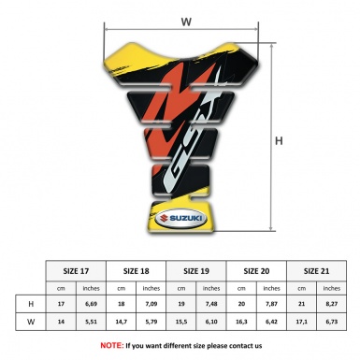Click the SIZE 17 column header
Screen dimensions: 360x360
pos(77,271)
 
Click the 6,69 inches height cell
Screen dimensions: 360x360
pos(92,305)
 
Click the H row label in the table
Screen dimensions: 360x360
pos(31,305)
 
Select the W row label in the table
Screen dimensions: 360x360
pos(31,323)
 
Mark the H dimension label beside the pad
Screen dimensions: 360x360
pos(279,141)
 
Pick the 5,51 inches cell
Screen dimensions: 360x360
pos(92,323)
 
